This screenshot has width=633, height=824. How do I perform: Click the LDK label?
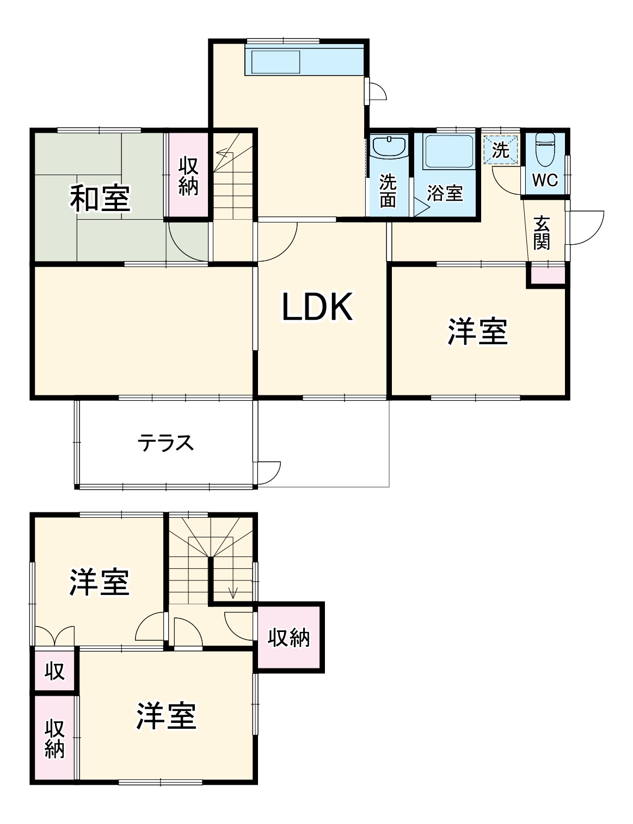tap(317, 307)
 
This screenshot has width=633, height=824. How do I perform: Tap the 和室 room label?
tap(100, 199)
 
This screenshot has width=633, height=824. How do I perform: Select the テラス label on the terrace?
tap(165, 443)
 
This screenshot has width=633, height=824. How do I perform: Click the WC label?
tap(544, 181)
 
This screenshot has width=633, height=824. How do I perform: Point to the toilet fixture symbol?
tap(544, 149)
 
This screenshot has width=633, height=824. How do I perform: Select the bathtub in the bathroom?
tap(448, 151)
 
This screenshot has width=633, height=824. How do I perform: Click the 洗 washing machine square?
tap(500, 150)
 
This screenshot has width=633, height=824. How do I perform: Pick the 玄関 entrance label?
tap(542, 233)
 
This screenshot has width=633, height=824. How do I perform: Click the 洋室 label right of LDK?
tap(477, 331)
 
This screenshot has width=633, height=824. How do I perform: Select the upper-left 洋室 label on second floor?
tap(99, 582)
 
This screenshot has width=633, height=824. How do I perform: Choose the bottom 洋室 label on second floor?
tap(165, 715)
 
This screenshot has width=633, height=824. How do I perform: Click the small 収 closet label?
tap(54, 671)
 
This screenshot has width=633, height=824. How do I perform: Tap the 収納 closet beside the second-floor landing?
tap(288, 637)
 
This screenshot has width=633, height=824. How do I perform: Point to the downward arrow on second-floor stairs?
tap(233, 592)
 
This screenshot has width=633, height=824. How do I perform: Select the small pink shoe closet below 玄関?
tap(548, 275)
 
